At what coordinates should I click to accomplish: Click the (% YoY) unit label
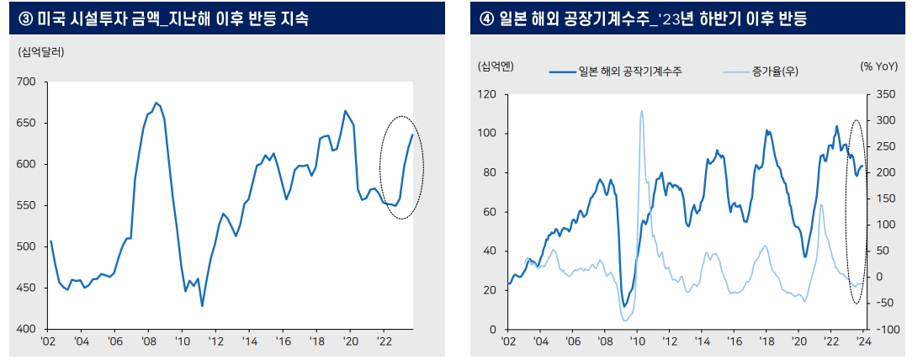[879, 66]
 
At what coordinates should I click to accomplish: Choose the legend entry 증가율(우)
[775, 72]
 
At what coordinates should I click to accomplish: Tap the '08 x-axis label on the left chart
[148, 342]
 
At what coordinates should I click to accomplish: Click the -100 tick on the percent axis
[886, 330]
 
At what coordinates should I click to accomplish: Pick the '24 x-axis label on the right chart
[862, 342]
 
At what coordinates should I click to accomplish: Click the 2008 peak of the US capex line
[156, 103]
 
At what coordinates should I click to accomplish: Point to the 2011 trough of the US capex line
[202, 305]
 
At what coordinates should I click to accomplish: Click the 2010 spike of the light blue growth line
[641, 110]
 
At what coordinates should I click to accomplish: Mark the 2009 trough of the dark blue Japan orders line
[624, 305]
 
